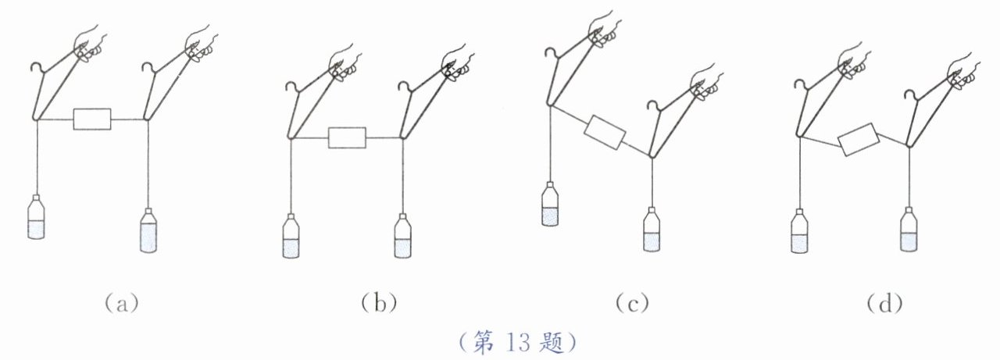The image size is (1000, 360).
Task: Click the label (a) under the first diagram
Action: point(121,302)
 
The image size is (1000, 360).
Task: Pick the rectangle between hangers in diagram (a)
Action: point(92,119)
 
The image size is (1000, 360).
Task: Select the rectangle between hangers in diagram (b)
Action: point(347,138)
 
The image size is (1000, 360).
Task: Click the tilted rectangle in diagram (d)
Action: point(857,143)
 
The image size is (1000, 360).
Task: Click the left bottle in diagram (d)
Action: point(798,231)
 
